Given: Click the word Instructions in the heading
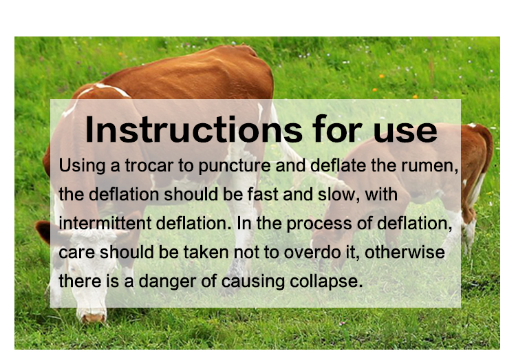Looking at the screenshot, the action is (x=194, y=129).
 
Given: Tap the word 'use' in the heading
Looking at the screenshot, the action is (x=405, y=132).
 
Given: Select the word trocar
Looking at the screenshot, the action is (x=149, y=165).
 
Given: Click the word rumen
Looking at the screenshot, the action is (x=430, y=166).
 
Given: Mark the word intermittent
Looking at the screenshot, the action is (x=105, y=223).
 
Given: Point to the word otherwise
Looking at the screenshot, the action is (x=405, y=253).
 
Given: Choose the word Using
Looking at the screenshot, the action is (x=83, y=166).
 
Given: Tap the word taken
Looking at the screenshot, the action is (x=206, y=253).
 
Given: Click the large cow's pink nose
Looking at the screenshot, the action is (x=93, y=318).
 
